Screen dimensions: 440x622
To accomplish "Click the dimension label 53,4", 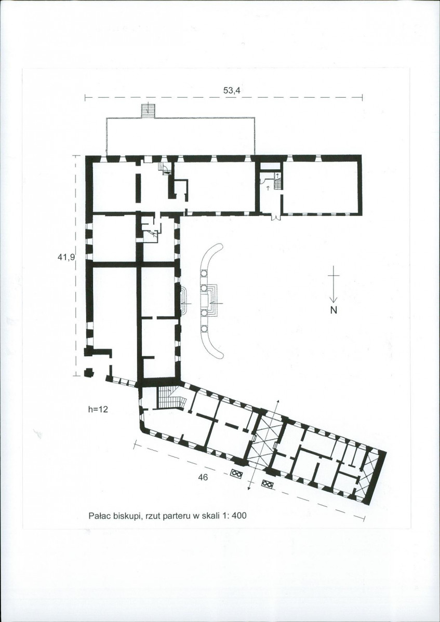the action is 232,90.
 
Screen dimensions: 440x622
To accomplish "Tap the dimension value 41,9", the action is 66,257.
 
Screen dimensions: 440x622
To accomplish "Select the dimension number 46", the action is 203,478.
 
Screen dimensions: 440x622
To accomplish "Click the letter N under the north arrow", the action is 334,310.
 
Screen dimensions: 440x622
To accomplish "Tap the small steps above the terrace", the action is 148,110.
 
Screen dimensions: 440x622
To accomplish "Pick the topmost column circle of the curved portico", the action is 204,274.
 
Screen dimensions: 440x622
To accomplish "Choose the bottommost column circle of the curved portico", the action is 204,329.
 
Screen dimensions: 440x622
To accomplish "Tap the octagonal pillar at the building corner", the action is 89,372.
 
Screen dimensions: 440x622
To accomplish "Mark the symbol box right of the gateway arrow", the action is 267,484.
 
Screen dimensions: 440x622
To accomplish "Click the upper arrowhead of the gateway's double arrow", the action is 277,401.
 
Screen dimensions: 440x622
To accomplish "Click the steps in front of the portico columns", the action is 213,300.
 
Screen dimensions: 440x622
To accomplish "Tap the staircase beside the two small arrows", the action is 278,181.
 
